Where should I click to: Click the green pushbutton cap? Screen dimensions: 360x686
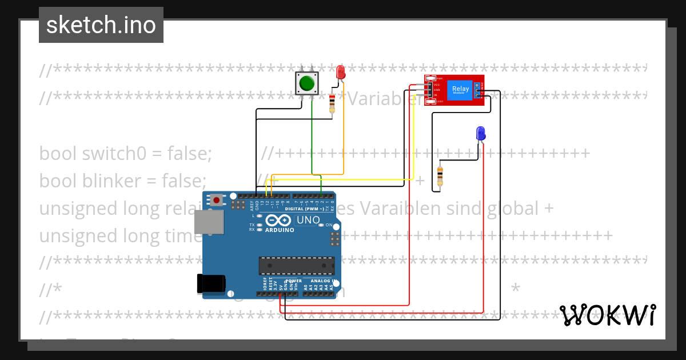tap(307, 83)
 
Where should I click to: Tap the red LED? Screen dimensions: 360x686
tap(341, 72)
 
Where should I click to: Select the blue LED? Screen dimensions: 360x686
tap(481, 133)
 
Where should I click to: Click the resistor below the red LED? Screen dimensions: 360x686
tap(332, 104)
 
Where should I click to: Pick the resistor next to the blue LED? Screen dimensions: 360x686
tap(440, 176)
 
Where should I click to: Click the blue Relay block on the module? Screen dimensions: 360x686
tap(460, 89)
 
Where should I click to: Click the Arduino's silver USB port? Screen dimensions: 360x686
tap(209, 222)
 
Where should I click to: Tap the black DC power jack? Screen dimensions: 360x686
tap(210, 283)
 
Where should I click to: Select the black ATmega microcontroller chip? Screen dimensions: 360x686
tap(296, 266)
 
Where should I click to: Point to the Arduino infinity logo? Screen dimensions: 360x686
tap(278, 221)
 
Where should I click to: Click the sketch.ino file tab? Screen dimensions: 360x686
tap(101, 25)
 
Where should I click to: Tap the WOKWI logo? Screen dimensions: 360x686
tap(607, 315)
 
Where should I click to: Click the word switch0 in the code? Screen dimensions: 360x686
tap(108, 153)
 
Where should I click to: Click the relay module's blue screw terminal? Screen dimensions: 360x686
tap(477, 89)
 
